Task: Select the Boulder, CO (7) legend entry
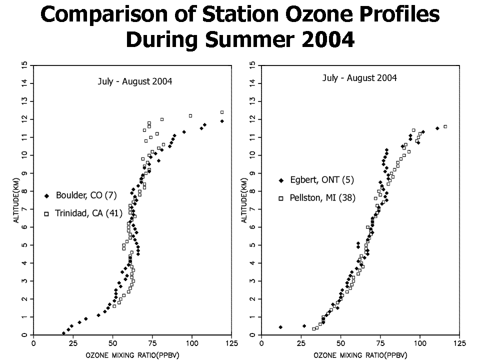point(81,195)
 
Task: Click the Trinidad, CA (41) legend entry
point(83,213)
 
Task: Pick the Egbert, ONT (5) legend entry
point(316,179)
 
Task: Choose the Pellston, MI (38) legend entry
point(317,198)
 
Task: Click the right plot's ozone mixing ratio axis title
point(360,355)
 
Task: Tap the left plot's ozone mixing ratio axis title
point(132,355)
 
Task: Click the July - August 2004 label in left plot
point(135,81)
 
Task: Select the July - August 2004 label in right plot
point(359,78)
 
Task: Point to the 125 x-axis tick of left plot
point(231,343)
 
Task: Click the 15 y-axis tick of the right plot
point(252,65)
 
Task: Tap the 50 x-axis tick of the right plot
point(340,343)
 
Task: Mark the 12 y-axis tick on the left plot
point(24,119)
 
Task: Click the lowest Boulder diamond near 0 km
point(63,333)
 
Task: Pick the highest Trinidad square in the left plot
point(222,112)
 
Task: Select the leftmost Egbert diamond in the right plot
point(280,327)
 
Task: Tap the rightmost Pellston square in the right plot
point(445,126)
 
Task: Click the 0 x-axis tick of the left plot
point(33,343)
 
